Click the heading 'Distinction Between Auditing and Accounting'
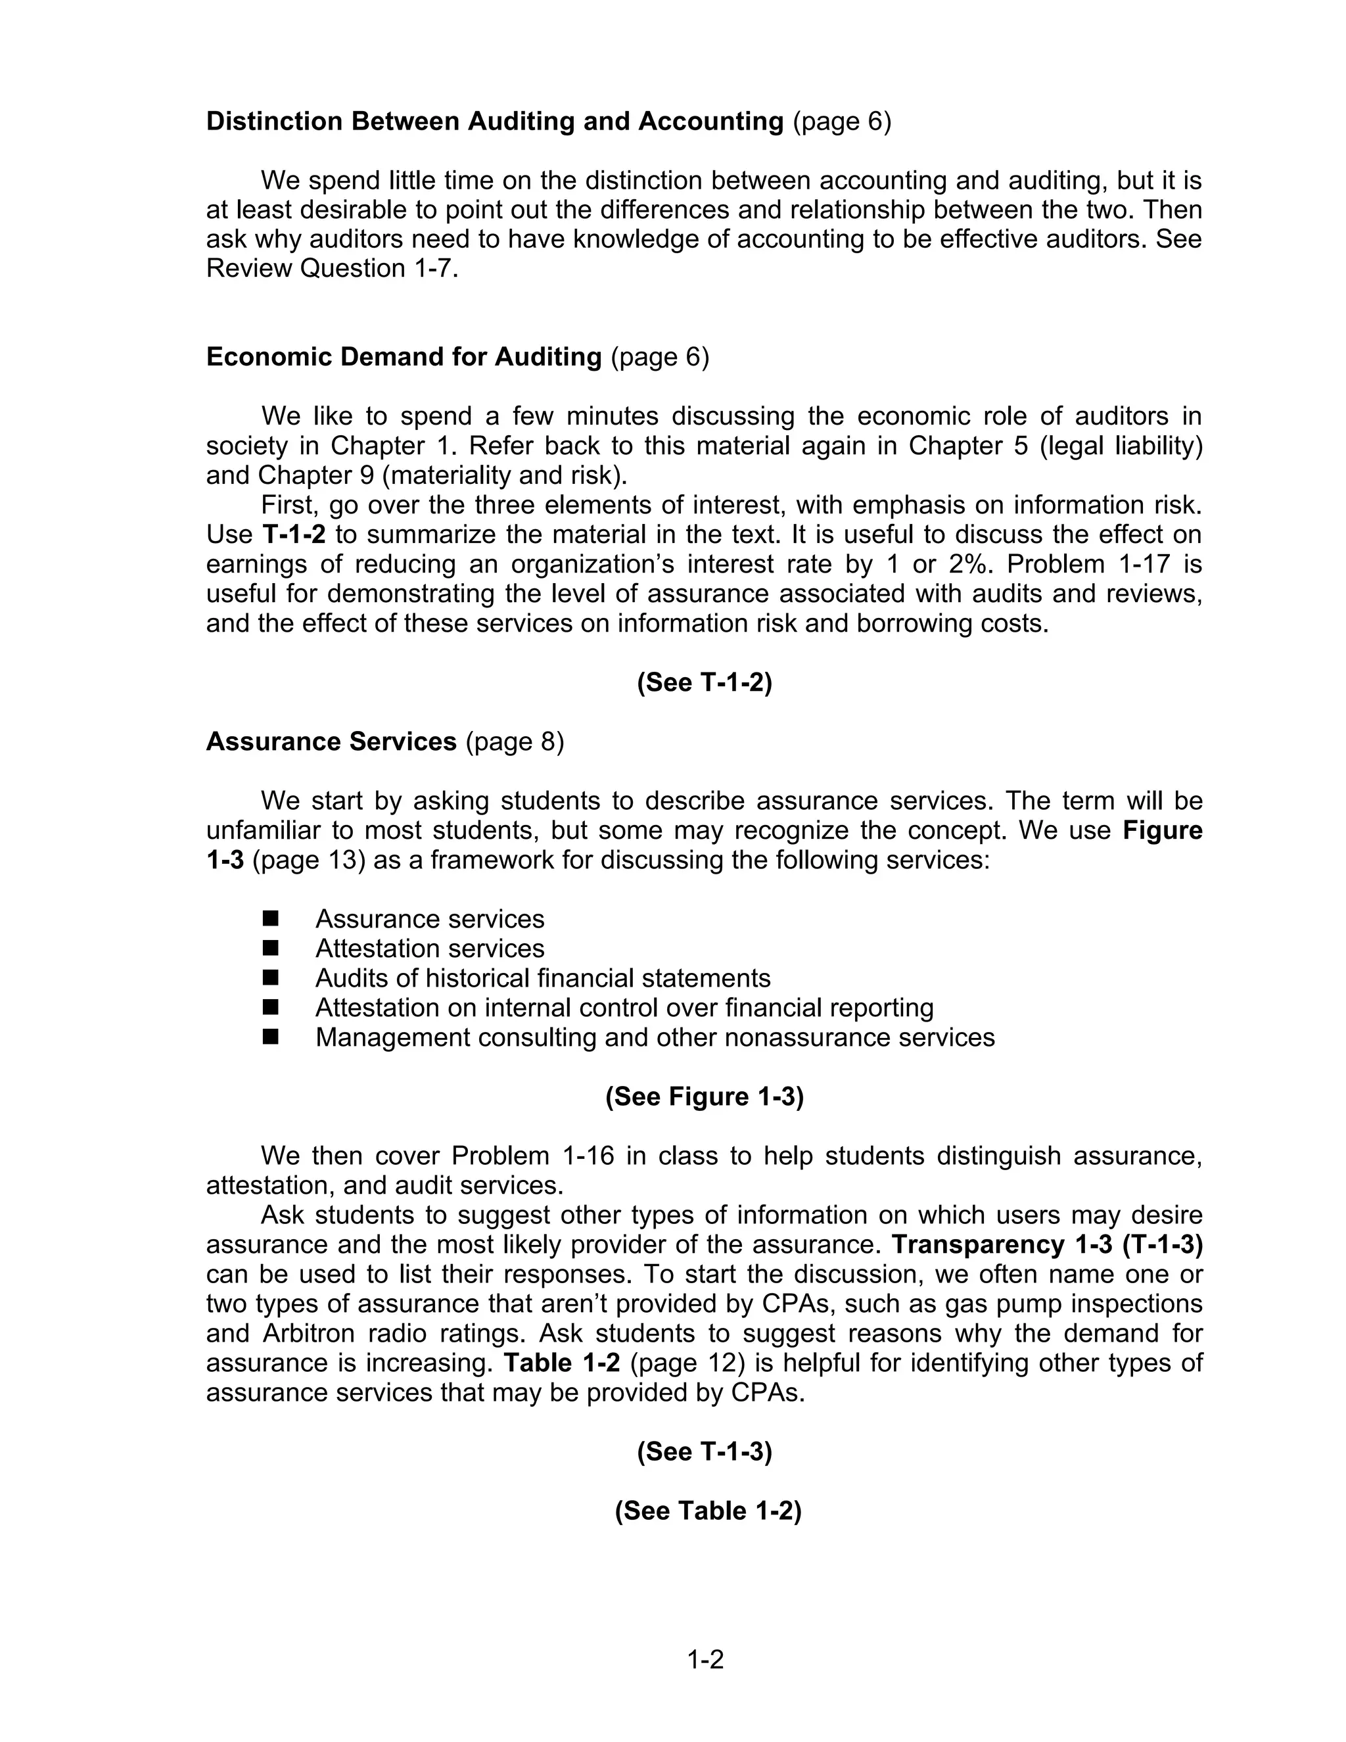pyautogui.click(x=494, y=121)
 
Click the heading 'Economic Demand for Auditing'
pyautogui.click(x=404, y=356)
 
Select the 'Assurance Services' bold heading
pyautogui.click(x=331, y=742)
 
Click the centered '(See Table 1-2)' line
pyautogui.click(x=707, y=1511)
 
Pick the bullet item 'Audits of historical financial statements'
pyautogui.click(x=542, y=978)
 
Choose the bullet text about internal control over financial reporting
pyautogui.click(x=624, y=1007)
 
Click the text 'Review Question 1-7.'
pyautogui.click(x=333, y=269)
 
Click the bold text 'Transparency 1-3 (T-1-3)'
pyautogui.click(x=1046, y=1244)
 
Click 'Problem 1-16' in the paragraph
pyautogui.click(x=532, y=1156)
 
